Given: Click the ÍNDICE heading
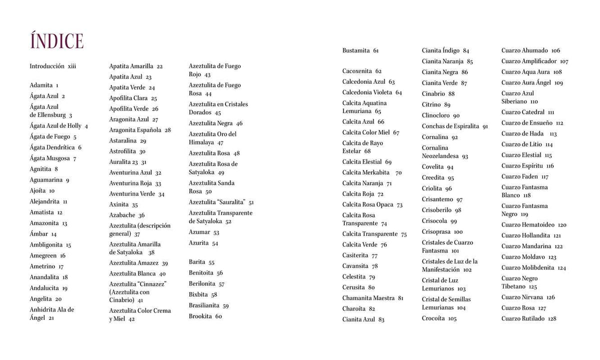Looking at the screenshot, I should tap(56, 41).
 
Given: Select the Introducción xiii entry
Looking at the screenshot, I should tap(52, 66).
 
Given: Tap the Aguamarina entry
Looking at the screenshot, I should tap(49, 180).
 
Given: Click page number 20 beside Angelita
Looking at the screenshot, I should tap(58, 299).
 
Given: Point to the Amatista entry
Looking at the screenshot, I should tap(45, 212).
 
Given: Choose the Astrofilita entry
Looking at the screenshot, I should tap(127, 151).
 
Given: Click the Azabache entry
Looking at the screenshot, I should tap(126, 215).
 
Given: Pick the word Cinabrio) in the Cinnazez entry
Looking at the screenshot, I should tap(121, 300).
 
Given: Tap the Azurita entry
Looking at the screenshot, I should tap(203, 243).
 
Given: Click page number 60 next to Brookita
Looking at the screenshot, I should tap(218, 316).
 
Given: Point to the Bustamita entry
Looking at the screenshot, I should tap(360, 50).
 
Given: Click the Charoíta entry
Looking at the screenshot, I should tap(358, 309).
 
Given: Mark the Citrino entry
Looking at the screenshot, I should tap(435, 104).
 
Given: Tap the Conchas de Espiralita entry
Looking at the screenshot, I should tap(454, 126).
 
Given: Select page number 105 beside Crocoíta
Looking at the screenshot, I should tap(452, 318).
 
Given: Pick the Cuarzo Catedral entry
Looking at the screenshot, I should tap(527, 112).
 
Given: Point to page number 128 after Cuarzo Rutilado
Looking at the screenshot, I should tap(552, 319).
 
